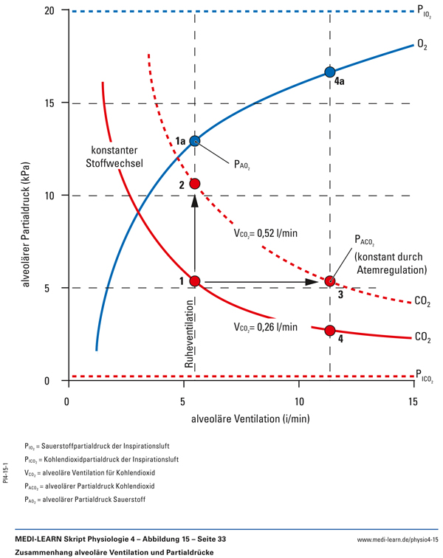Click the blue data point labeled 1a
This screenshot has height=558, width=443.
coord(195,140)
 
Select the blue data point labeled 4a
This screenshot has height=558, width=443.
coord(330,72)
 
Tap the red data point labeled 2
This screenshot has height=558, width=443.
coord(195,183)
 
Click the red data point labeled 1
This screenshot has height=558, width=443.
coord(195,280)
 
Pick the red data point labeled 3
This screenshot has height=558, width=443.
coord(330,281)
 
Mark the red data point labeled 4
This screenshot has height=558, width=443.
coord(330,330)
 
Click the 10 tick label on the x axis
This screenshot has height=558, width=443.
coord(298,402)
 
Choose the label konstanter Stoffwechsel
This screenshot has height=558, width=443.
coord(117,154)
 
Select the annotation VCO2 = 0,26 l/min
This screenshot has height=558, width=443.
coord(264,327)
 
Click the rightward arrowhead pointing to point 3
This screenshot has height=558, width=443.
coord(313,281)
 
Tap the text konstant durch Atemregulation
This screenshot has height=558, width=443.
coord(388,263)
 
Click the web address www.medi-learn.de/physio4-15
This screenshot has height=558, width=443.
coord(396,540)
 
